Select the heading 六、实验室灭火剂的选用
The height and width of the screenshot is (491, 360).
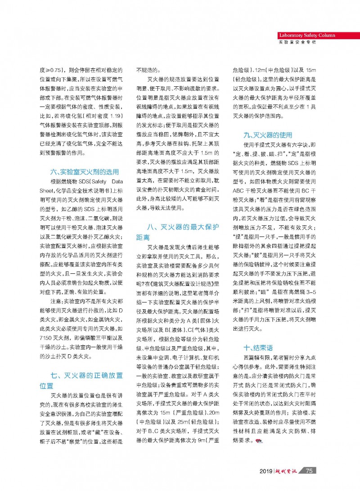[85, 171]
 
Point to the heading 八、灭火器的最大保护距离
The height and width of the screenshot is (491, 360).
[178, 232]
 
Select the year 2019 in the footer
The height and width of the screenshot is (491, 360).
[267, 471]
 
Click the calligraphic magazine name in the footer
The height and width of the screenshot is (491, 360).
[287, 471]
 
